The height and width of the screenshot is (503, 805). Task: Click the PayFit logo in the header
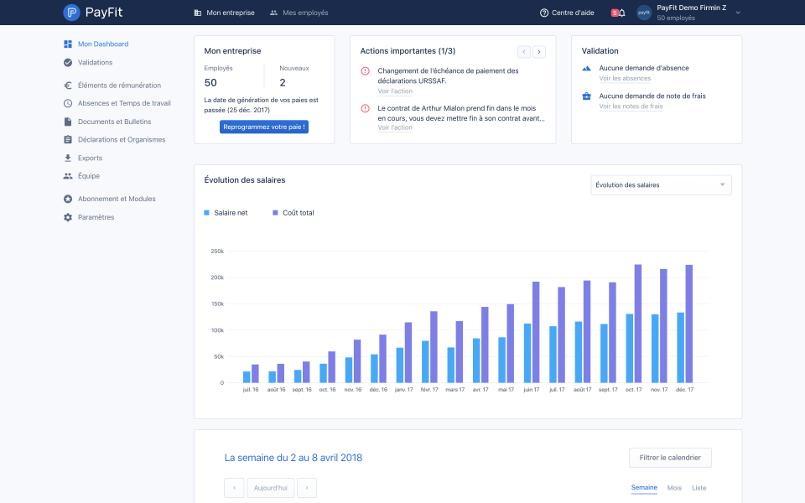pos(93,13)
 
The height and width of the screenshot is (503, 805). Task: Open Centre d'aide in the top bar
pos(567,13)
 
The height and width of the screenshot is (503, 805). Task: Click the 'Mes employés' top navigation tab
pos(299,13)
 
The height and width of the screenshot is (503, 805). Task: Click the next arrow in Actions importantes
pos(539,52)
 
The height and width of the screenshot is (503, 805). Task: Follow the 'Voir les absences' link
pos(625,79)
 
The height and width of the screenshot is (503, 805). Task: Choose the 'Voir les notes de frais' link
pos(631,106)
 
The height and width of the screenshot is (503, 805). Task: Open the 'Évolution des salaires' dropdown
pos(662,184)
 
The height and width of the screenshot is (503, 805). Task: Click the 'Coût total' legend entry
pos(293,212)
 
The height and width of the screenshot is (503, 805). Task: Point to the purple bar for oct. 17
pos(637,324)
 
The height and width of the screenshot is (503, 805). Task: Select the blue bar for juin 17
pos(527,353)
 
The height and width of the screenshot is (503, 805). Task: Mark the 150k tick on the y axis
pos(217,303)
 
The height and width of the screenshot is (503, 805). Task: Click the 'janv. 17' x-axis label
pos(404,390)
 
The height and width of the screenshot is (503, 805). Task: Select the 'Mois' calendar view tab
pos(674,488)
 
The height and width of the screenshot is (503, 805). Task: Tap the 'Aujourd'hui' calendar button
pos(271,488)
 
